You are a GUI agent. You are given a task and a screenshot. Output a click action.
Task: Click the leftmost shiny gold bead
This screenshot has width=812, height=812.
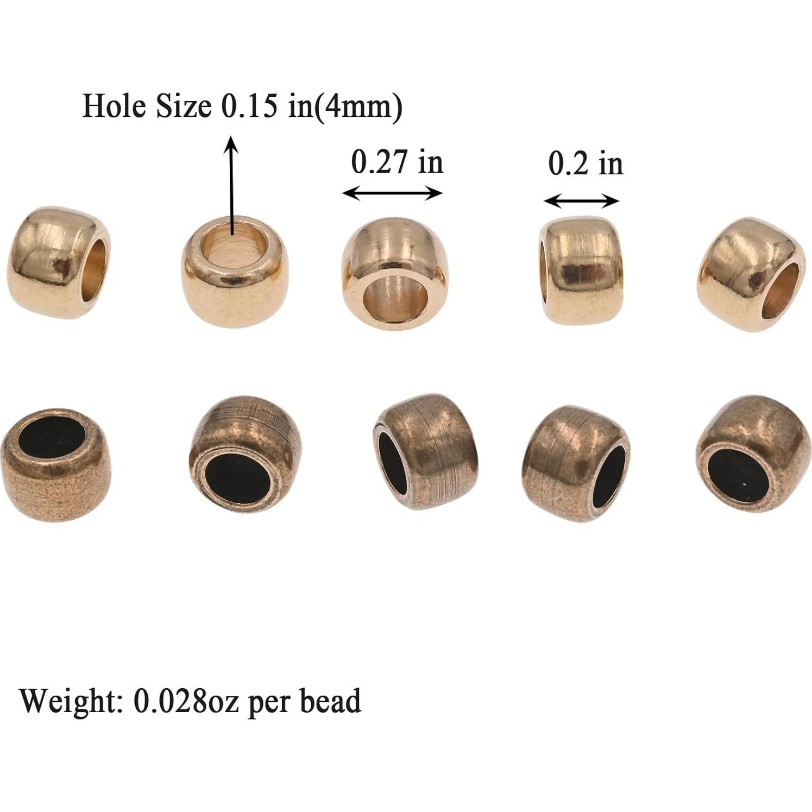click(x=59, y=263)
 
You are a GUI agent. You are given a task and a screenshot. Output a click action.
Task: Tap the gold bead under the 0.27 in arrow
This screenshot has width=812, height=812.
click(x=395, y=273)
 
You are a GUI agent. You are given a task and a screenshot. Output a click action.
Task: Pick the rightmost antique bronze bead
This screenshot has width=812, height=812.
click(x=749, y=454)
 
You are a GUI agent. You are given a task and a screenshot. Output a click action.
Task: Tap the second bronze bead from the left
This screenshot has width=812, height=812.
click(x=244, y=454)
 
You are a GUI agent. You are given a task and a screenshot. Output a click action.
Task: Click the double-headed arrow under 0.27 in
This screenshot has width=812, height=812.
click(x=393, y=193)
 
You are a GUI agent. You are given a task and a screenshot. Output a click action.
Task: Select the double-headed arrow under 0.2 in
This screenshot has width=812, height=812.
click(x=581, y=202)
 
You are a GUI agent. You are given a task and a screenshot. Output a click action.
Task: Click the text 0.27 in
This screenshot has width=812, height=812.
click(x=397, y=162)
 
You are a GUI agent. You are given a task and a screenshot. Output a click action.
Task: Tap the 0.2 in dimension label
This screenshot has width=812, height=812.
click(x=585, y=163)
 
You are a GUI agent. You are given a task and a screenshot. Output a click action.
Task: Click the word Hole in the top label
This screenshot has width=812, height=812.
click(x=115, y=106)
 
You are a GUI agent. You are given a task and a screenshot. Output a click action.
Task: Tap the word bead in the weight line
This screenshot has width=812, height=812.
click(x=331, y=701)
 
